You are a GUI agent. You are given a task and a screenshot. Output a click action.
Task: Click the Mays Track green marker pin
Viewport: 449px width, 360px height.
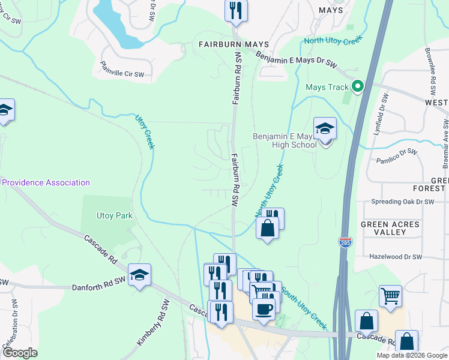click(358, 87)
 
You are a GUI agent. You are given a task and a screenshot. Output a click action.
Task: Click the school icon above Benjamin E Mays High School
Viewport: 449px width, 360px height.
click(325, 130)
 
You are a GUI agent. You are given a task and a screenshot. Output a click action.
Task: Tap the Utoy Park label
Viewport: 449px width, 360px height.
click(114, 215)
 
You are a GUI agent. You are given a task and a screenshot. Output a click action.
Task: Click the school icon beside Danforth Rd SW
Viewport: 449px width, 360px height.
click(140, 275)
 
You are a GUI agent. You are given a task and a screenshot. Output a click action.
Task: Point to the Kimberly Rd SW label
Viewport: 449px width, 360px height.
click(149, 324)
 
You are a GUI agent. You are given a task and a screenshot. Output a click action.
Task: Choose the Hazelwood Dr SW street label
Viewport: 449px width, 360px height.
click(397, 257)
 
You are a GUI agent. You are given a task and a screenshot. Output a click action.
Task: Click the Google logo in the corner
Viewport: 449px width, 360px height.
click(19, 353)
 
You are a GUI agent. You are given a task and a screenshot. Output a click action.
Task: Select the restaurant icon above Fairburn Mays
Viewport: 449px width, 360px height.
click(235, 11)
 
